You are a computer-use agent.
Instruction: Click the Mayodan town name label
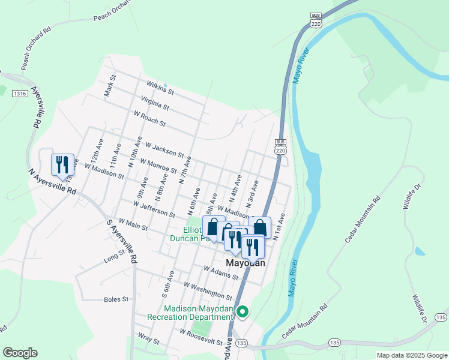pos(245,263)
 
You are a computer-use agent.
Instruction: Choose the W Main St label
pos(133,224)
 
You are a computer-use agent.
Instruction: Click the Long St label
pos(113,257)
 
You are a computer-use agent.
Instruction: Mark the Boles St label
pos(116,298)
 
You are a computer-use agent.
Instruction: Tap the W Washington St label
pos(208,291)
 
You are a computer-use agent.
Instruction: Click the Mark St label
pos(109,88)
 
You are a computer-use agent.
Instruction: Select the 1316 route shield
pos(20,93)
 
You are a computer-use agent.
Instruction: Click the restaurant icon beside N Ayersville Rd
pos(62,165)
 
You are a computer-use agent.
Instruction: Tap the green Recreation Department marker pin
pos(243,311)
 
